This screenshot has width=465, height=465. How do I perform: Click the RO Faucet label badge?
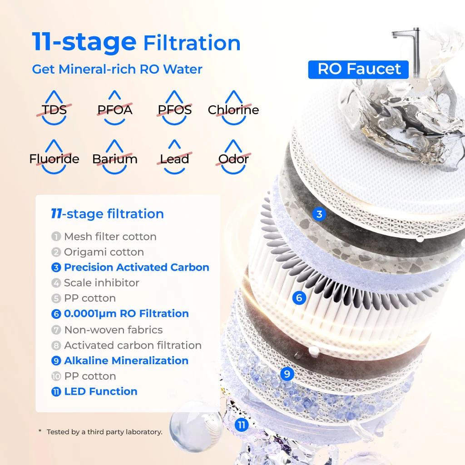(x=358, y=69)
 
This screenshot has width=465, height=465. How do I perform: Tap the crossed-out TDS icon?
(x=54, y=108)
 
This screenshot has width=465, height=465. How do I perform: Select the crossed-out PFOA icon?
(x=115, y=108)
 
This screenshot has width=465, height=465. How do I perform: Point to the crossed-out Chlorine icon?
(x=233, y=108)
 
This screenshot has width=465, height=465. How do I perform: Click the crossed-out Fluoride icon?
(x=54, y=158)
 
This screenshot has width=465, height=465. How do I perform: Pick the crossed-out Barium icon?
(x=115, y=158)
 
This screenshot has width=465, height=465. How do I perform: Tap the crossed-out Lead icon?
(x=174, y=158)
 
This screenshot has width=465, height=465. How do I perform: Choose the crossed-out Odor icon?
(x=233, y=158)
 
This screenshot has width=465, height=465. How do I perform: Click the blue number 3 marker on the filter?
(x=319, y=214)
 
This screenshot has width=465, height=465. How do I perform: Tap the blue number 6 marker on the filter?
(x=299, y=297)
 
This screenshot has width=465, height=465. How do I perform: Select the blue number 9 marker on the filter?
(x=287, y=374)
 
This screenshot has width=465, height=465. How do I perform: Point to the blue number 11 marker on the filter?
(x=242, y=425)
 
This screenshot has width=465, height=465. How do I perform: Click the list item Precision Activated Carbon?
(x=130, y=267)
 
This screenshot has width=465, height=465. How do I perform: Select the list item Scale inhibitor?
(x=95, y=282)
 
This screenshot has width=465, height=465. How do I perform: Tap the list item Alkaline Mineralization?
(x=120, y=361)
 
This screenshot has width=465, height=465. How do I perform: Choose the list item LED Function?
(x=94, y=391)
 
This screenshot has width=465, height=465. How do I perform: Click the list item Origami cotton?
(x=98, y=252)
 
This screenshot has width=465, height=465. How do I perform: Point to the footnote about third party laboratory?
(x=100, y=432)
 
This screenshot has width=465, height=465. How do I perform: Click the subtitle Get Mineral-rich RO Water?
(x=117, y=69)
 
